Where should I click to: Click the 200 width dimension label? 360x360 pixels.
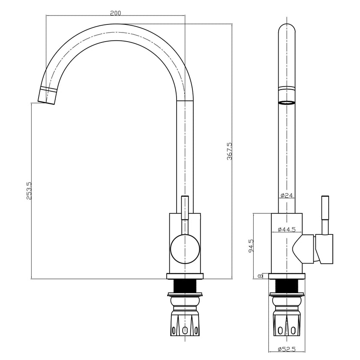tap(115, 13)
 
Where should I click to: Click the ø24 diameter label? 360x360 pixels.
tap(286, 195)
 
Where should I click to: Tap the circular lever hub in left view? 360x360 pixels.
tap(185, 248)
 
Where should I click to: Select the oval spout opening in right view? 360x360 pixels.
tap(287, 103)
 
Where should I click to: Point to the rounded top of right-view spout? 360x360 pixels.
tap(287, 27)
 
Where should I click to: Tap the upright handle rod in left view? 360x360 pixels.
tap(185, 208)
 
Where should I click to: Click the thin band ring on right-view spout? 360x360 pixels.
tap(287, 88)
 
